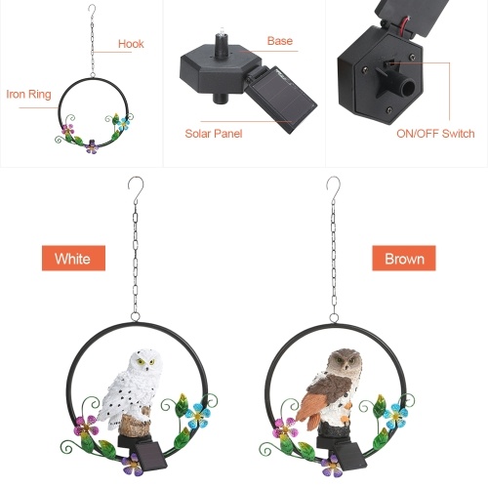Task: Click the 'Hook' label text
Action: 131,44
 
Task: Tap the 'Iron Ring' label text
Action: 28,94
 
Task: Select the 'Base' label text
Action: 280,41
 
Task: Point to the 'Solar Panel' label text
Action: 214,134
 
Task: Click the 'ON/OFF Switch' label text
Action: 435,134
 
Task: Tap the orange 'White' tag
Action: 73,259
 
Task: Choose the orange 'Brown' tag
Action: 404,259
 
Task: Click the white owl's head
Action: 145,361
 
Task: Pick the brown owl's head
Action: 345,362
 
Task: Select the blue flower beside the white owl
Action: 197,416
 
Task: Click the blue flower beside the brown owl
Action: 395,416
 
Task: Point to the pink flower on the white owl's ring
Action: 86,427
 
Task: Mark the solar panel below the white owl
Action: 150,457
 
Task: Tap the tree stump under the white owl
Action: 135,423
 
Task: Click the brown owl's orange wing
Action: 309,408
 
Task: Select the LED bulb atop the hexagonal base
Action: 223,30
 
